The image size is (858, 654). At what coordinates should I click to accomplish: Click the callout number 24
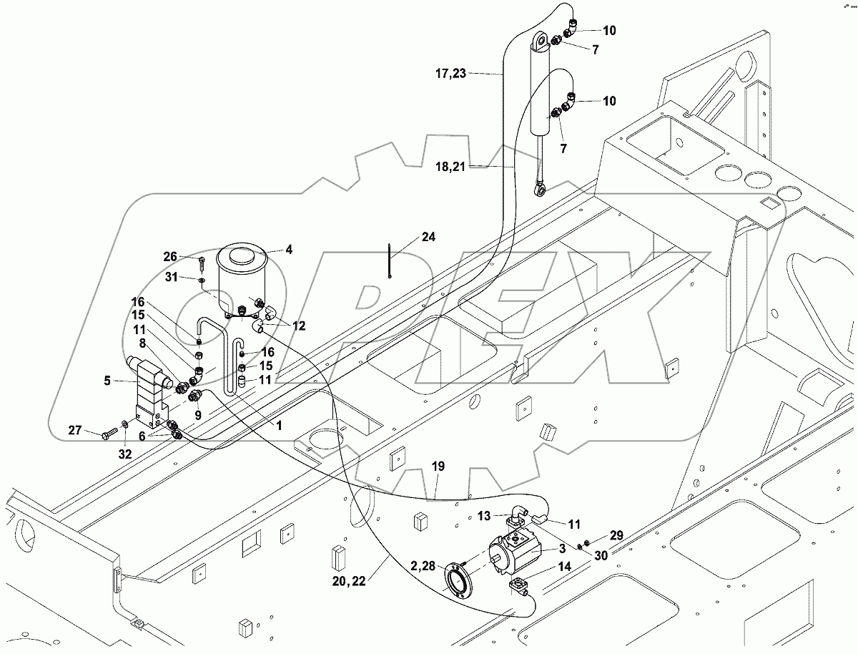[x=428, y=237]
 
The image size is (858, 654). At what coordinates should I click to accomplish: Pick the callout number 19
[x=438, y=466]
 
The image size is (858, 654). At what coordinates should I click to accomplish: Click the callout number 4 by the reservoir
[x=289, y=250]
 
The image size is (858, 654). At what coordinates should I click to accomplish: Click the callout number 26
[x=169, y=256]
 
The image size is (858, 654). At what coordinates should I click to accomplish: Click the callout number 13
[x=484, y=515]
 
